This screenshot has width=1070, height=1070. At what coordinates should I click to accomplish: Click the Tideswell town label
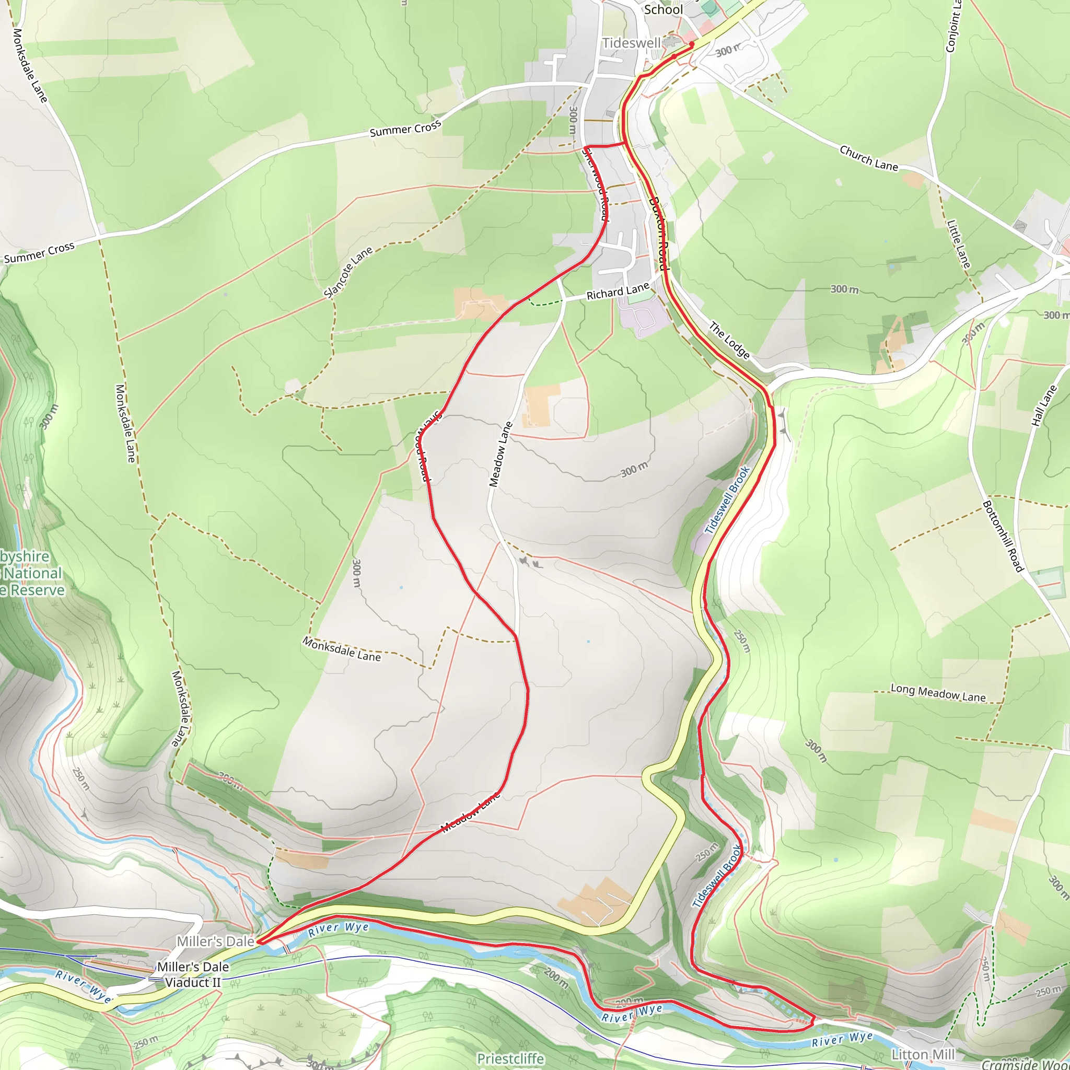tap(631, 43)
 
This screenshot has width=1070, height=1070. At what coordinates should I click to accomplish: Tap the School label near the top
tap(663, 9)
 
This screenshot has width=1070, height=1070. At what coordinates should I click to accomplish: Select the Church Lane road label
tap(868, 158)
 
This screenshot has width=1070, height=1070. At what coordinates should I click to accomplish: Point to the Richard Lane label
tap(618, 292)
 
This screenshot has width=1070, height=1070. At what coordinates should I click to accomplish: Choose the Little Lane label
tap(959, 244)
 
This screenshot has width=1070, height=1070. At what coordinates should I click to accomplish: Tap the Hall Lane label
tap(1044, 405)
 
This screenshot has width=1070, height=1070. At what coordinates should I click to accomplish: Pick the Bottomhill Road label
tap(1003, 536)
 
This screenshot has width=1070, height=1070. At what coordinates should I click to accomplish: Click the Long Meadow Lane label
tap(938, 693)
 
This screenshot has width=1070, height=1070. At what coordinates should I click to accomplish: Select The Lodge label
tap(729, 341)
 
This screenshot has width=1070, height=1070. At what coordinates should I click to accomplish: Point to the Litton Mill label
tap(923, 1054)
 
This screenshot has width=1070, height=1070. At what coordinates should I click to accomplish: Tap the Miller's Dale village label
tap(215, 941)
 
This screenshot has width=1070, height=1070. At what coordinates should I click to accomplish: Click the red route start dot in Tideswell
tap(692, 44)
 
